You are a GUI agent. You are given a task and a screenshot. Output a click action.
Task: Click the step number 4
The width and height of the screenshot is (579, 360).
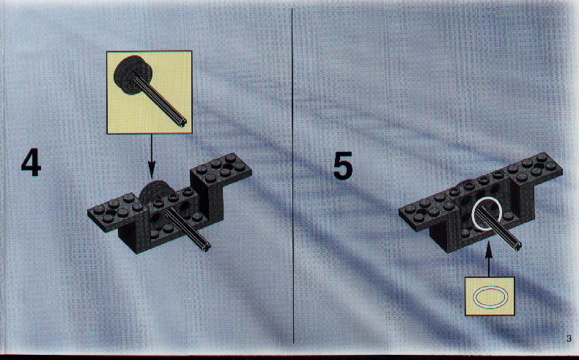[x=31, y=162]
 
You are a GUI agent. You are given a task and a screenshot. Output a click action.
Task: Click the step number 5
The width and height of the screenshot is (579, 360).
[x=343, y=166]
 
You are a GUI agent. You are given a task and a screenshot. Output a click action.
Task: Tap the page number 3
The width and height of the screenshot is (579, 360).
[x=569, y=338]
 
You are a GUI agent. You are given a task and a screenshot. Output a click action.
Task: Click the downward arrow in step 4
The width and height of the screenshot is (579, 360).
[x=151, y=156]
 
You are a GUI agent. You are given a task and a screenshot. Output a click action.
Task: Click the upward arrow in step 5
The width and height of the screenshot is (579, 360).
[x=489, y=259]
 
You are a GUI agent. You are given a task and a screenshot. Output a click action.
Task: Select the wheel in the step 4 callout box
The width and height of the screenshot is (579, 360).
[x=133, y=76]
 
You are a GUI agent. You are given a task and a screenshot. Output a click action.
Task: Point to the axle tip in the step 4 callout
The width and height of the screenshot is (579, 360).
[x=182, y=122]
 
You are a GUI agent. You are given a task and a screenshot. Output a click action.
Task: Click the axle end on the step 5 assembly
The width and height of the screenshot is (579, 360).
[x=517, y=246]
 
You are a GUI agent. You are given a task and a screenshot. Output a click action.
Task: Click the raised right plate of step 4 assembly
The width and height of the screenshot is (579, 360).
[x=221, y=169]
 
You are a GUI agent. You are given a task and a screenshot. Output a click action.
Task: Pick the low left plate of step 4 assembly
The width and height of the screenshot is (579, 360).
[x=115, y=212]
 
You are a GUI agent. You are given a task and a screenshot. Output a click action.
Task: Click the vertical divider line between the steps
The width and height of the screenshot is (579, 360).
[x=293, y=176]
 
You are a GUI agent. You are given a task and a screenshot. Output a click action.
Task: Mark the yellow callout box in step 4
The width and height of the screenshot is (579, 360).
[x=150, y=92]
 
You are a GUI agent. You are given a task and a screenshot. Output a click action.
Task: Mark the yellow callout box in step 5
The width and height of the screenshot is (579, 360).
[x=490, y=296]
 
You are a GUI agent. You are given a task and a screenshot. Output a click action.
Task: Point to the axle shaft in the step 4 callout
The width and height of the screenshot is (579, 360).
[x=160, y=99]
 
